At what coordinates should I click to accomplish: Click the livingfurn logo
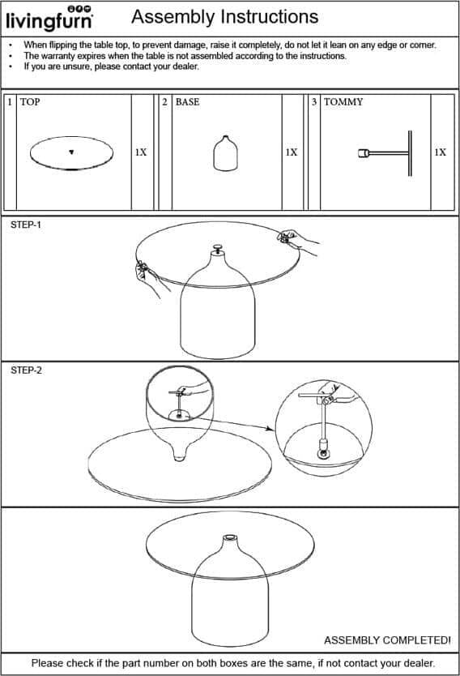[49, 18]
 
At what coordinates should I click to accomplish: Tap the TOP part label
[30, 102]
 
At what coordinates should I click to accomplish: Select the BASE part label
[187, 102]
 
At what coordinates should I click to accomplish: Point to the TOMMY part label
[343, 102]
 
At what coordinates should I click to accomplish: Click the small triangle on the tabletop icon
[71, 152]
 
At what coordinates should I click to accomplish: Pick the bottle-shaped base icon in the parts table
[226, 153]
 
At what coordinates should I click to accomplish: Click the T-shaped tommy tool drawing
[385, 153]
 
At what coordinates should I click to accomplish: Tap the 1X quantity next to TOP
[141, 152]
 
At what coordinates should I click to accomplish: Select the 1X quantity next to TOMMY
[441, 152]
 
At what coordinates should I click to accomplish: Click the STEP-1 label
[26, 225]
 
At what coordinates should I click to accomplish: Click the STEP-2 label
[26, 370]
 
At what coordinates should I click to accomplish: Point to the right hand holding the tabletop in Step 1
[297, 242]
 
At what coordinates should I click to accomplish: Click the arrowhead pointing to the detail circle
[270, 428]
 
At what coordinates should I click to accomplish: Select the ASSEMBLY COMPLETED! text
[387, 640]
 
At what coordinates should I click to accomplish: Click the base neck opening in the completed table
[229, 537]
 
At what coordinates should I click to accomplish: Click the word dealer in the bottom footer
[418, 663]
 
